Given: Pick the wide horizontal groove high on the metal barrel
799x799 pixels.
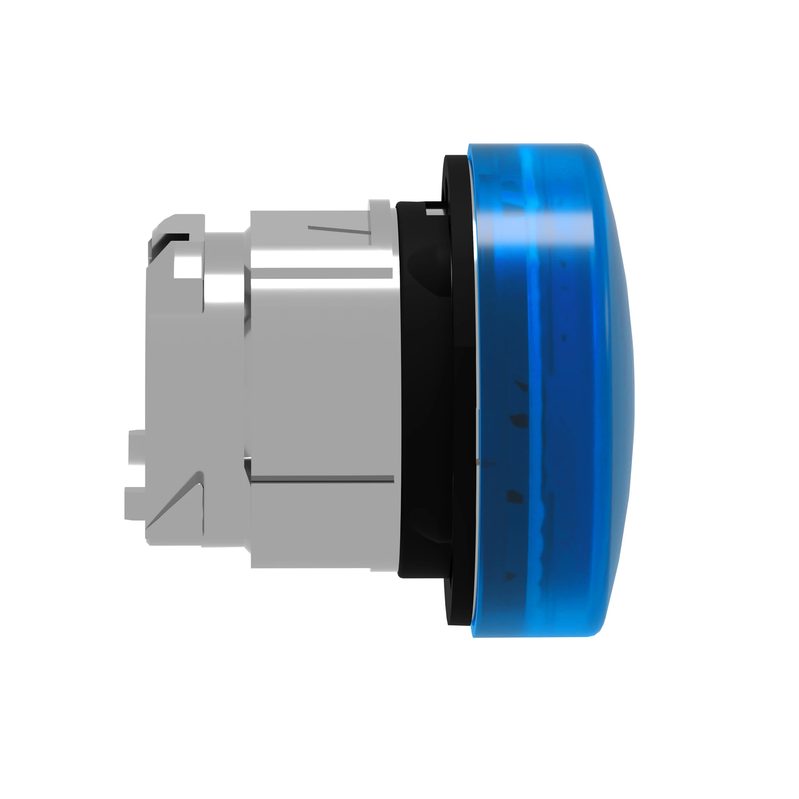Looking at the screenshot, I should (322, 273).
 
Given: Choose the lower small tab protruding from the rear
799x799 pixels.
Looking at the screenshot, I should (135, 503).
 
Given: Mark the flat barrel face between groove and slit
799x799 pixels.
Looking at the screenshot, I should (322, 372).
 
